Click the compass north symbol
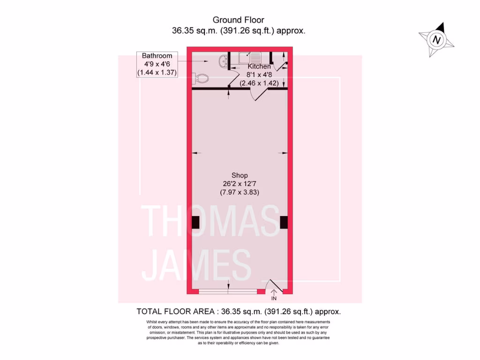click(x=437, y=40)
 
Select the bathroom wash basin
click(x=223, y=60)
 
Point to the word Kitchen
click(x=259, y=67)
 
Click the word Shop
click(x=239, y=175)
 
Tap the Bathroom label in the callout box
click(x=157, y=56)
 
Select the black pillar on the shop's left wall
click(x=195, y=223)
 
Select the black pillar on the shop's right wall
click(x=283, y=223)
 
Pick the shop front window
click(x=228, y=292)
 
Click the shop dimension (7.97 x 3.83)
click(x=239, y=192)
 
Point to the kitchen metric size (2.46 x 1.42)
click(x=259, y=83)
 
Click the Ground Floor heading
click(x=238, y=20)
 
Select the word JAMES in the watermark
click(x=197, y=265)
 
